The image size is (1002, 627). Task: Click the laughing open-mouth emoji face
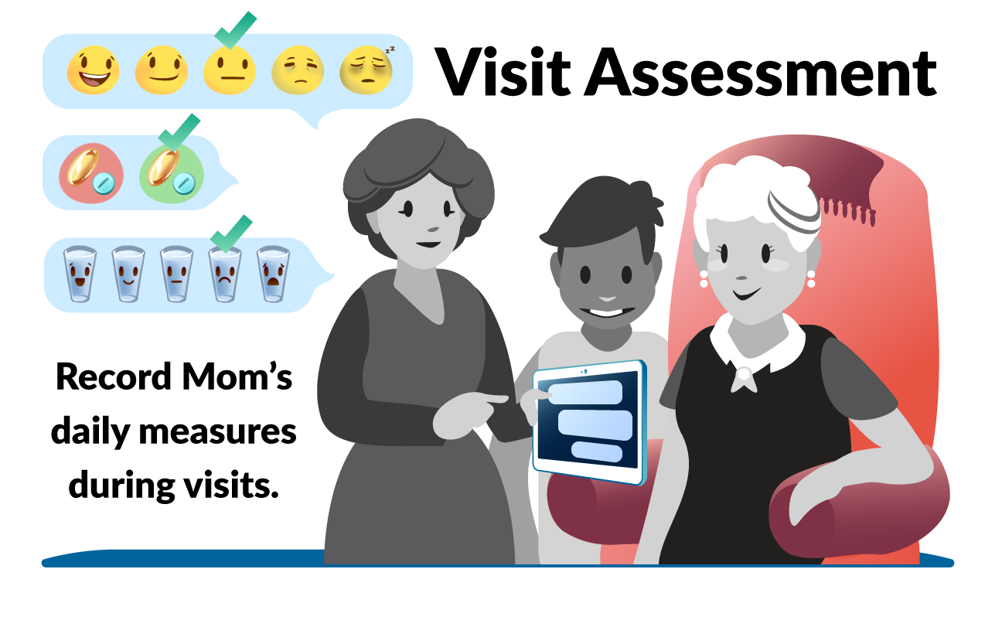tap(93, 70)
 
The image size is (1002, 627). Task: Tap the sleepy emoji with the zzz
tap(366, 70)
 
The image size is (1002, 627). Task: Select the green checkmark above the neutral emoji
tap(235, 30)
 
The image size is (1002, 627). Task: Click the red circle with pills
tap(91, 173)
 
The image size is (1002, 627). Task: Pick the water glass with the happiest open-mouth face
tap(80, 274)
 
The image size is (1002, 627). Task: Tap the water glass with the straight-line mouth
tap(177, 274)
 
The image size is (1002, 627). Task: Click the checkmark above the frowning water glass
tap(231, 233)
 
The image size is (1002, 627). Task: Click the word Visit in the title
tap(503, 72)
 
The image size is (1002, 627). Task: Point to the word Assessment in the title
tap(760, 73)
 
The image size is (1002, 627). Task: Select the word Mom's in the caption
tap(237, 377)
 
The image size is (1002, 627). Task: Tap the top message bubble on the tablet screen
tap(585, 392)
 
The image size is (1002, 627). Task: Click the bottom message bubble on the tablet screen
tap(597, 452)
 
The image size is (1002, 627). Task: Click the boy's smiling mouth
tap(607, 312)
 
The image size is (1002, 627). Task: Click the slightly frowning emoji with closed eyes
tap(298, 70)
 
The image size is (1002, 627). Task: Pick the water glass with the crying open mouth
tap(274, 274)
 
